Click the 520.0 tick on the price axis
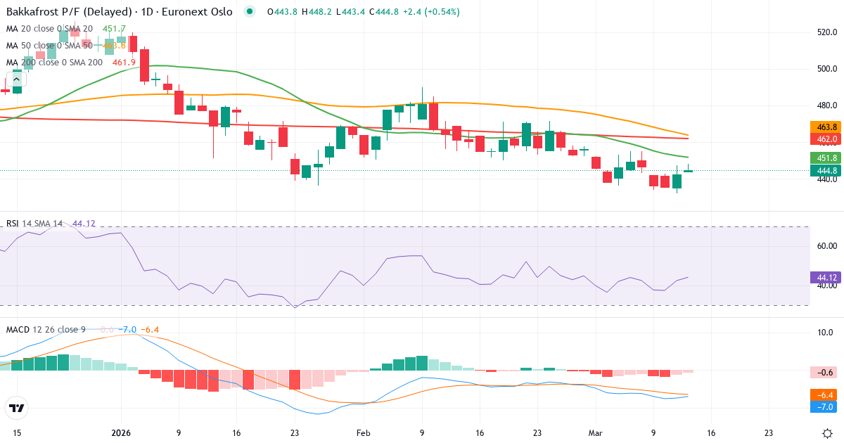click(x=826, y=32)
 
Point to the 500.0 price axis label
click(x=826, y=69)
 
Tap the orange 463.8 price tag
click(x=827, y=127)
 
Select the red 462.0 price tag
click(x=827, y=139)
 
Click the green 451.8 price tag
click(x=827, y=158)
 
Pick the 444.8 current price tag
click(x=827, y=170)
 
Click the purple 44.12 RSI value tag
click(x=827, y=277)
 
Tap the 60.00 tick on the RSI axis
click(x=827, y=246)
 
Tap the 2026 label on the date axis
click(x=120, y=433)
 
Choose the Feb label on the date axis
click(x=363, y=433)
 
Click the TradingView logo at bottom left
click(x=17, y=408)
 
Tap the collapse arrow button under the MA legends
click(x=15, y=79)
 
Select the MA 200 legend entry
click(x=54, y=63)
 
